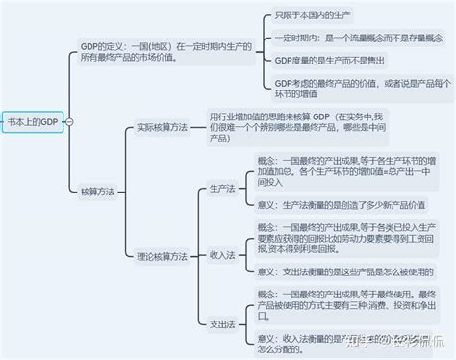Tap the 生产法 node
click(221, 190)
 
